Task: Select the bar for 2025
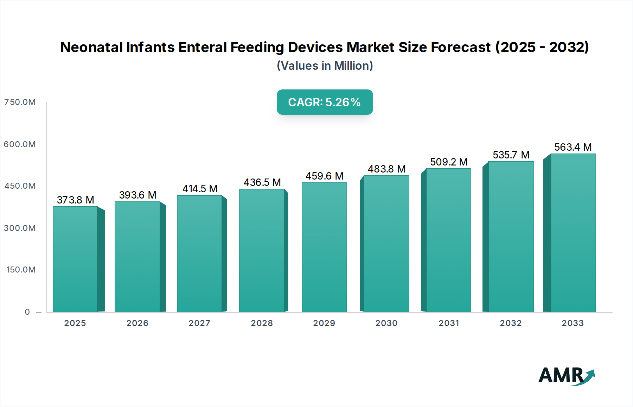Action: pos(75,259)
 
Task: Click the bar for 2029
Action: pos(324,247)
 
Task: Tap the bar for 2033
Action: pos(573,233)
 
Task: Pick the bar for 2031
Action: pos(448,240)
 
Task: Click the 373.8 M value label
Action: pos(75,200)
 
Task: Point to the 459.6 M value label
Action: pos(324,176)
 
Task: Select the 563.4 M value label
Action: pos(573,147)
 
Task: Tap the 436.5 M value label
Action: pos(262,182)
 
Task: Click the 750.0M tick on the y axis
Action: pos(20,102)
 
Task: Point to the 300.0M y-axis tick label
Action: pos(20,228)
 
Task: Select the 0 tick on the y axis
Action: pos(27,312)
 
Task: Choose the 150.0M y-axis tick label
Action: pos(21,270)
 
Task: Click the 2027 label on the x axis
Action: pos(199,323)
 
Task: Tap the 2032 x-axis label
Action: pos(511,323)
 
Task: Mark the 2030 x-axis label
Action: pos(386,323)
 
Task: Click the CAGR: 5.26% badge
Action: pos(325,102)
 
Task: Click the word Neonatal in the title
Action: pos(91,47)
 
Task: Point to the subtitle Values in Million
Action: pos(325,66)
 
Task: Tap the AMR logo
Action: pos(566,376)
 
